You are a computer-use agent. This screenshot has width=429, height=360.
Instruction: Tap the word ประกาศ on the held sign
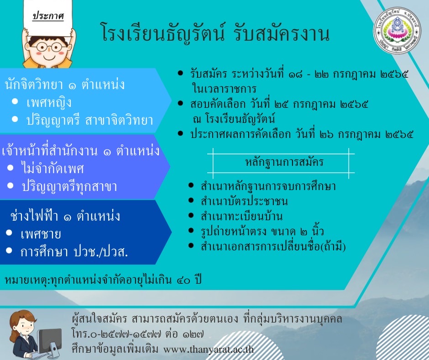coord(48,16)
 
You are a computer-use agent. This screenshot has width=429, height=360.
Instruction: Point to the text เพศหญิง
coord(49,103)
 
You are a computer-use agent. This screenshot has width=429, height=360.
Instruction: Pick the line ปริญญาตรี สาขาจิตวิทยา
coord(89,121)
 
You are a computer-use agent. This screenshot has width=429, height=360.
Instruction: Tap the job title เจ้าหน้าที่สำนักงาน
coord(50,151)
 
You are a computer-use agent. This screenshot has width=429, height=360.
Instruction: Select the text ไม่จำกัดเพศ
coord(52,168)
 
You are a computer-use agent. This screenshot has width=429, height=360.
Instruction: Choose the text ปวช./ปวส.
coord(101,252)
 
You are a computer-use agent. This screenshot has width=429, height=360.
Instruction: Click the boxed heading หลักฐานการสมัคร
coord(284,162)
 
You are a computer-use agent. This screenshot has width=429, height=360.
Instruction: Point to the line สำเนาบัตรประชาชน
coord(244,201)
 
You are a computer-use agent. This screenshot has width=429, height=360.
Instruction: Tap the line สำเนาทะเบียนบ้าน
coord(241,217)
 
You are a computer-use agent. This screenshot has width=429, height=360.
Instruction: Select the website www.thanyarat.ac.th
coord(209,349)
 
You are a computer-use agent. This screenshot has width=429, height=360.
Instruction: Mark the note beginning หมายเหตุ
coord(103,280)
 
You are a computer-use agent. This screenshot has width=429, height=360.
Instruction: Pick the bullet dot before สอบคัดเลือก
coord(180,104)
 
